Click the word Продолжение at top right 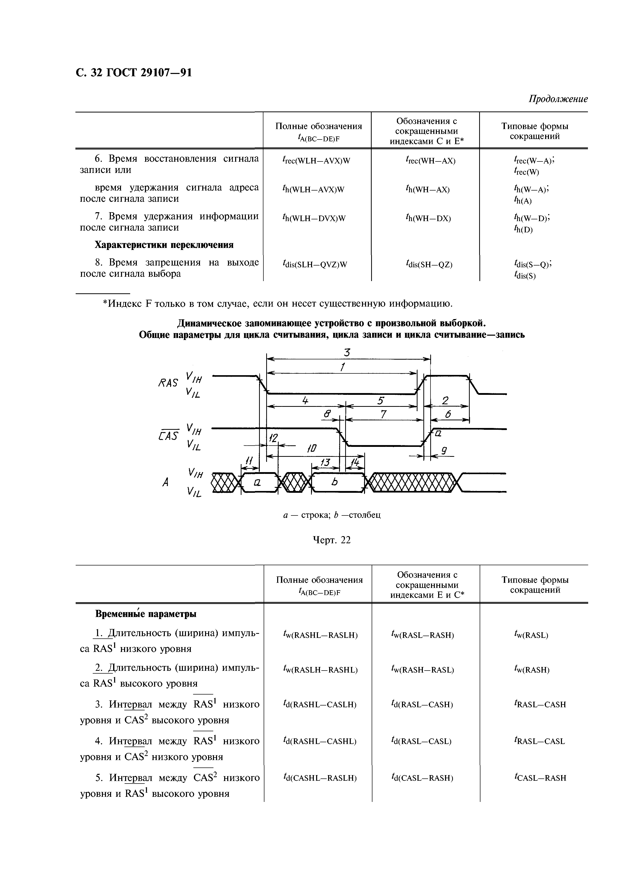coord(558,99)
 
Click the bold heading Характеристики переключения coord(164,245)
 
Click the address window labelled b coord(334,483)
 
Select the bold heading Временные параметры coord(146,614)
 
